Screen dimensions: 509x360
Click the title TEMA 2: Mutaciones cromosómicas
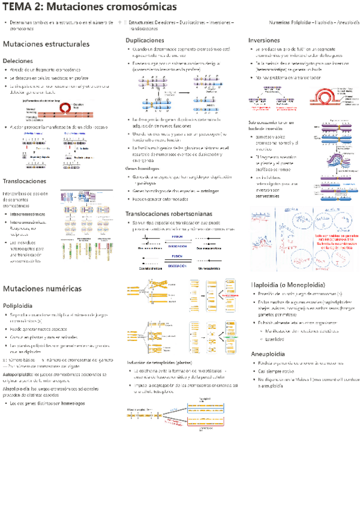click(90, 8)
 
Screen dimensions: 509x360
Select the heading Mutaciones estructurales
click(46, 44)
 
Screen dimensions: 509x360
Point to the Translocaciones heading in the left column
click(25, 181)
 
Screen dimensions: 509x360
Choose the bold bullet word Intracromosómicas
click(29, 213)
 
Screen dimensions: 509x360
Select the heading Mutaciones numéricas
click(42, 289)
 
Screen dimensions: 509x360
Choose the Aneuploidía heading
click(268, 354)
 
